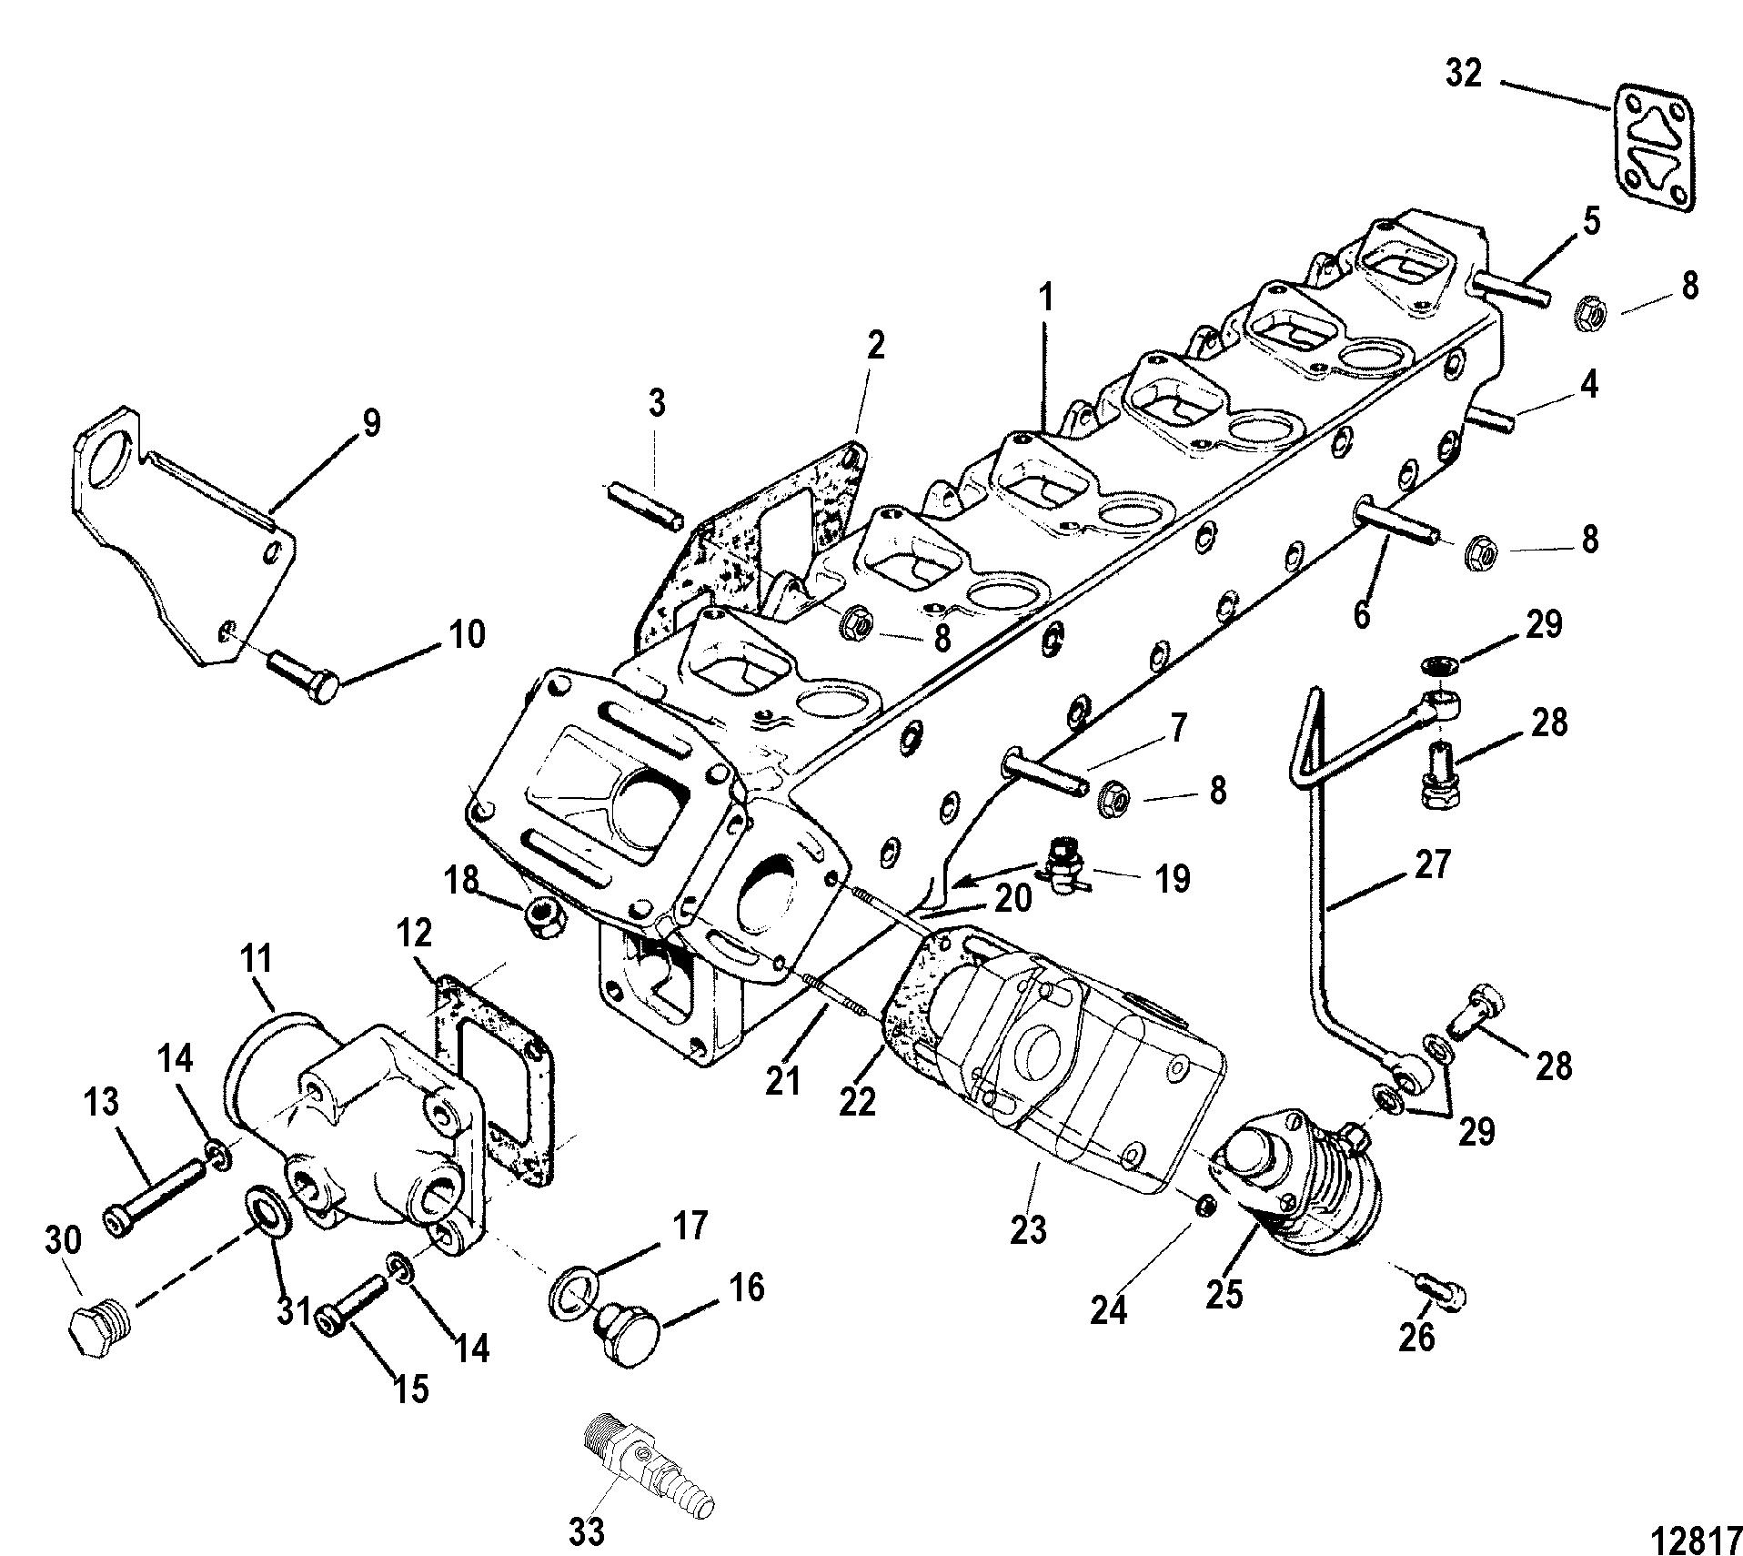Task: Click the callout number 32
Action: coord(1464,73)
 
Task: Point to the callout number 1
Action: coord(1045,298)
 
